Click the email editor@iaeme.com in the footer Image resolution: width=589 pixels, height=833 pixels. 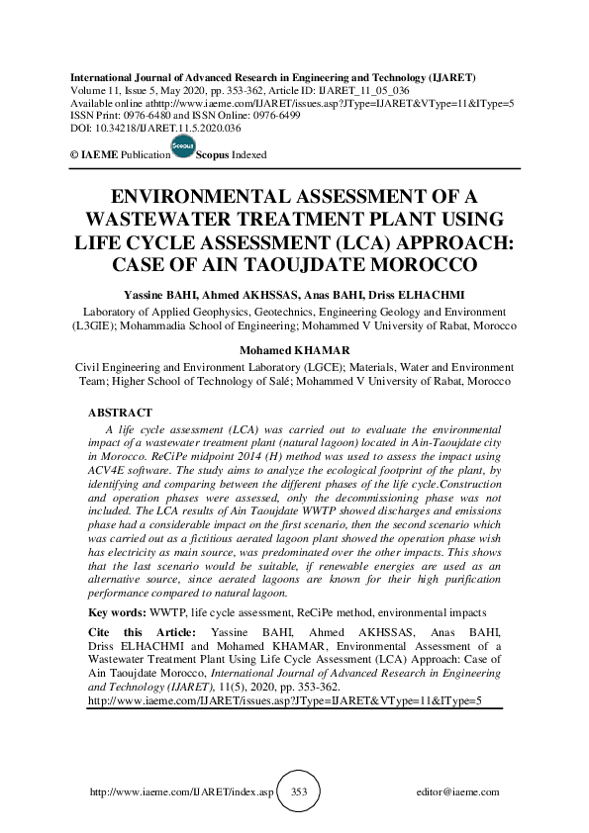[458, 792]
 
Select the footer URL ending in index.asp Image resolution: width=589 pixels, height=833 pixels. [180, 792]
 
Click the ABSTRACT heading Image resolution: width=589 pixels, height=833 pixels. [120, 413]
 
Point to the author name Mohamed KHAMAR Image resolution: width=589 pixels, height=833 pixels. [294, 349]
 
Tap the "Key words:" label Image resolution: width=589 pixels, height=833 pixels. [116, 613]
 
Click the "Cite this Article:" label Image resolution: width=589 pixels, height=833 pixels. [142, 631]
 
